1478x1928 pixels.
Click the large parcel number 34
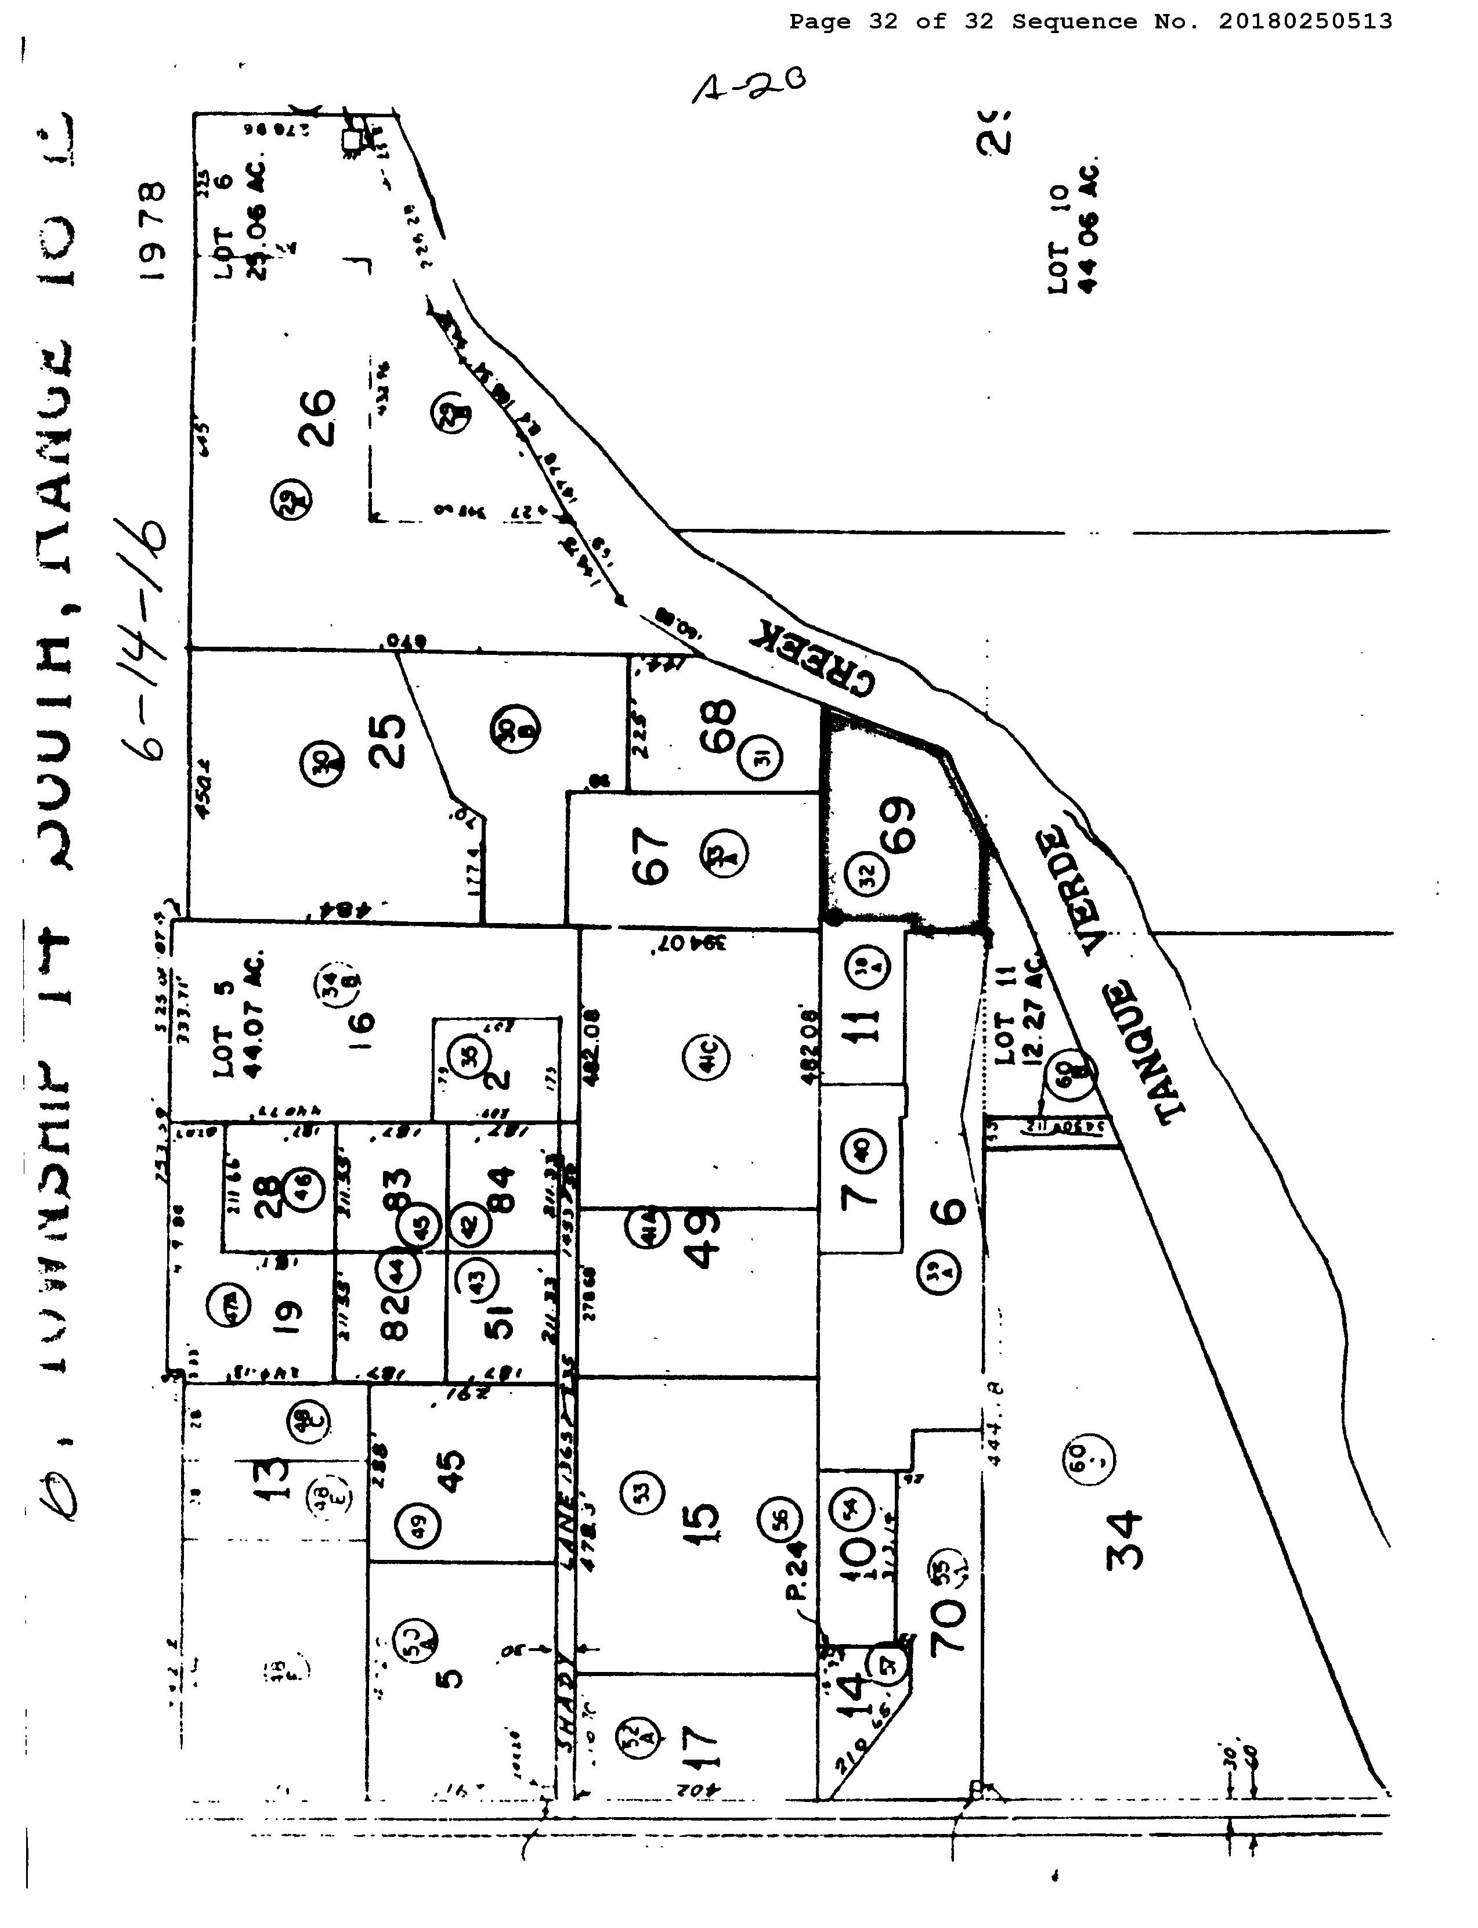pyautogui.click(x=1126, y=1540)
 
